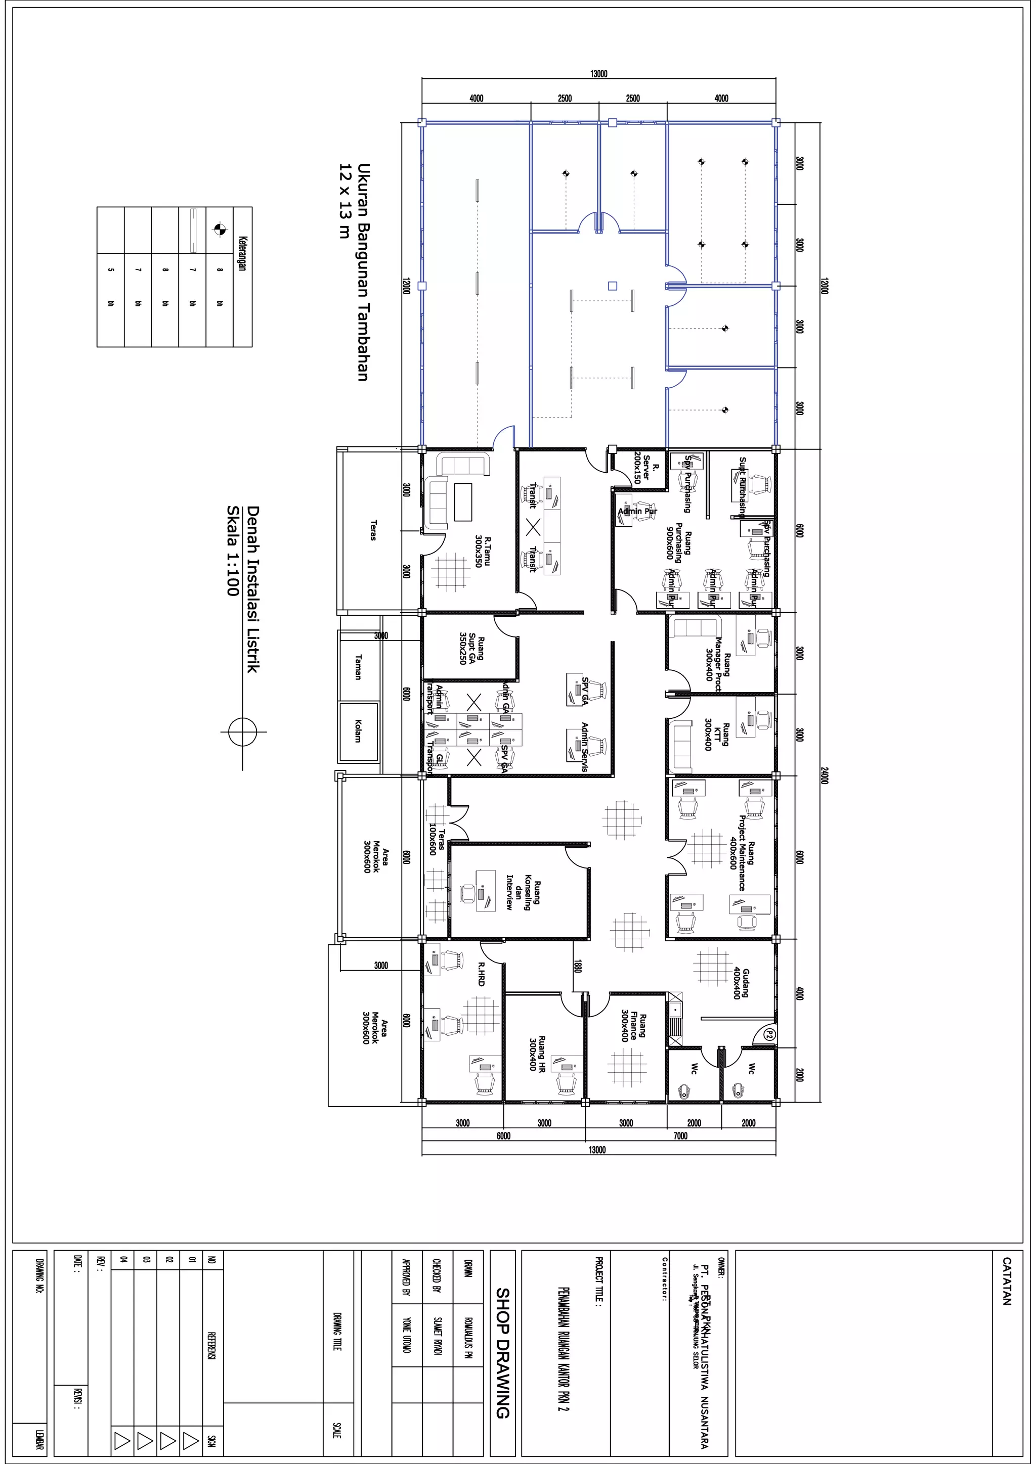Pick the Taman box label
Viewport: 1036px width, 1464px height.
point(358,667)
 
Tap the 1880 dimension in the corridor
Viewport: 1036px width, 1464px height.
point(577,966)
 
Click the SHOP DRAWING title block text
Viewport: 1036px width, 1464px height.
point(503,1352)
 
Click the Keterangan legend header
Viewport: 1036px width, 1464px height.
point(242,254)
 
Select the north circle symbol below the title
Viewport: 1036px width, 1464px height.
point(242,732)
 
